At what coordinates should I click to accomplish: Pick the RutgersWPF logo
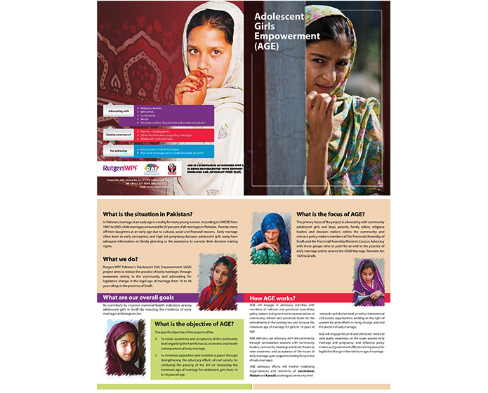[x=121, y=169]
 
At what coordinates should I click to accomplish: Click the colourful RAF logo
[x=152, y=169]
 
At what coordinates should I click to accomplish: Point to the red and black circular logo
[x=172, y=169]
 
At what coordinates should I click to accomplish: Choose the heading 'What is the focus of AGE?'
[x=330, y=214]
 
